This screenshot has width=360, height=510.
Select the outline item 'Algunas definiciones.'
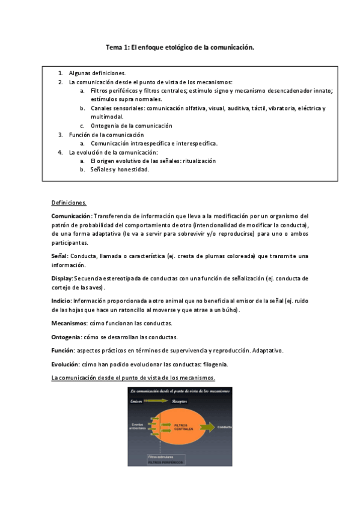pos(97,73)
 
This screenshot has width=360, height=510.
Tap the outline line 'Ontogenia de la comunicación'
pos(131,126)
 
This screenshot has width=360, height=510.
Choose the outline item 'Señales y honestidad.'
pos(120,170)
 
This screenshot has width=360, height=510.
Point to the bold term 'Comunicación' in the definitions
pos(72,216)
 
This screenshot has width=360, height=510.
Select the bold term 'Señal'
pos(59,256)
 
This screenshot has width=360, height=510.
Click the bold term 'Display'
pos(62,278)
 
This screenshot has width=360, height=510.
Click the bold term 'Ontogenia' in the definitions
pos(66,337)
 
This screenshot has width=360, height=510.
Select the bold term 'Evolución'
pos(65,364)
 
